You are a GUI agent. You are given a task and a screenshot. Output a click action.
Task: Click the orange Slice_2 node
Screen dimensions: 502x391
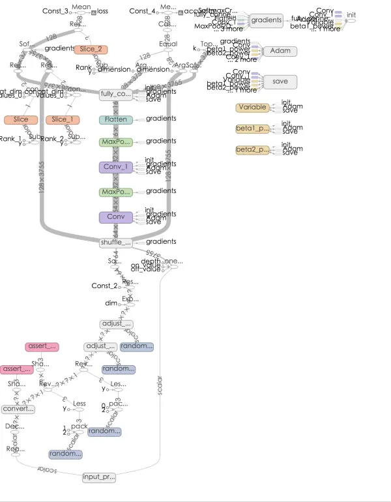click(91, 50)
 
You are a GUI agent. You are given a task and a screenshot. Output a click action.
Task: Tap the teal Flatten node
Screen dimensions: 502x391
click(116, 120)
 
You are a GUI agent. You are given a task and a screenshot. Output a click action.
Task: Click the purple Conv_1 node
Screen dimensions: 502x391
click(116, 168)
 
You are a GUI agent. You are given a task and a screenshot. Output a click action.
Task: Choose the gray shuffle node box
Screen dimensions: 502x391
click(116, 243)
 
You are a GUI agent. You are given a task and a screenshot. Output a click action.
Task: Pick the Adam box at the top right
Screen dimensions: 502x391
click(280, 51)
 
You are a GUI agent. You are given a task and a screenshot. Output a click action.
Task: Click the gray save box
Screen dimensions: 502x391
click(280, 81)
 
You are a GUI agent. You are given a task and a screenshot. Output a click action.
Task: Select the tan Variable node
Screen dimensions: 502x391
click(252, 108)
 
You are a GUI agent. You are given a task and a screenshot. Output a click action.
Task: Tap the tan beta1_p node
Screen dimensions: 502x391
click(252, 129)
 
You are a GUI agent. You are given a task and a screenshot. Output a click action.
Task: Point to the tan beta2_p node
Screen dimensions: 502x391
click(252, 151)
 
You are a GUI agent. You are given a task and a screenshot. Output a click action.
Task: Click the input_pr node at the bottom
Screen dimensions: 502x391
click(99, 478)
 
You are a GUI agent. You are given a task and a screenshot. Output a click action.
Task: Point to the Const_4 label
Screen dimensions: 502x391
click(143, 11)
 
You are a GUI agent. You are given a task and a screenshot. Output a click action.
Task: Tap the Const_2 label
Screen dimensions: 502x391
click(104, 286)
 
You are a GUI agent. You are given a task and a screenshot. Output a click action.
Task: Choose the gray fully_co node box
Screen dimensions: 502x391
click(116, 95)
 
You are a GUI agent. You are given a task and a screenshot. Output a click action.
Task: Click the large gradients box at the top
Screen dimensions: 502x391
click(267, 20)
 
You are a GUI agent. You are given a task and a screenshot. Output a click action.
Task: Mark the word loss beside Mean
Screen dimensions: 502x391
click(103, 11)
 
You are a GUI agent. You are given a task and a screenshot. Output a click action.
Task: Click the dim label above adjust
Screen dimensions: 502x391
click(111, 303)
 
